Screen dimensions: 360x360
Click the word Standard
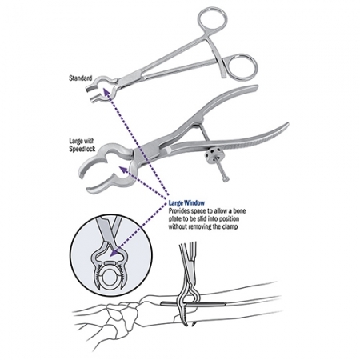pos(81,78)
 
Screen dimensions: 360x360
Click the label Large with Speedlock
pos(82,145)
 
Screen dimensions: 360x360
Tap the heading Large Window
pos(186,203)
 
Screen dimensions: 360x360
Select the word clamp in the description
pos(229,227)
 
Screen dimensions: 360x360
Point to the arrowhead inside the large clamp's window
pos(122,170)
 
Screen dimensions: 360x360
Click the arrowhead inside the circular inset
pos(114,253)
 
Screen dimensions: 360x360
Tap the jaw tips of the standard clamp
pos(90,94)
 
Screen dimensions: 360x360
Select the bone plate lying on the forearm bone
pos(194,303)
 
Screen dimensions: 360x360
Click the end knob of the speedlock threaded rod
pos(226,179)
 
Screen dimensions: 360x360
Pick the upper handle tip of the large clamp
pos(254,88)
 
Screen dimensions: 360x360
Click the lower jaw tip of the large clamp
pos(90,190)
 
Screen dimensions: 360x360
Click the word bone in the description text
pos(239,211)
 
